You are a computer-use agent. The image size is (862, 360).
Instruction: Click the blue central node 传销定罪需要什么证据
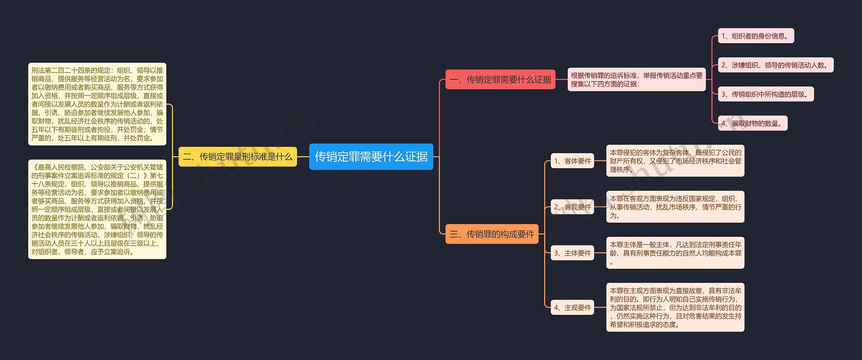(371, 157)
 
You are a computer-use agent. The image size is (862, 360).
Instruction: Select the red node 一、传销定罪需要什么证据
(500, 79)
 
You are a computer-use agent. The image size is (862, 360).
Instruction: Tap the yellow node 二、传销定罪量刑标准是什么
(237, 157)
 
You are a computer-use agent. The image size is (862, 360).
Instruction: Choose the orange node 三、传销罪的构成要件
(492, 234)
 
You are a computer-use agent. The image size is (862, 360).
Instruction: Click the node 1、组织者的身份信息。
(756, 36)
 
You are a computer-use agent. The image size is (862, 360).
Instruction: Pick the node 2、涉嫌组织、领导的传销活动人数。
(775, 65)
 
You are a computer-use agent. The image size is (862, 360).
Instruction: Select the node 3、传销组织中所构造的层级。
(765, 94)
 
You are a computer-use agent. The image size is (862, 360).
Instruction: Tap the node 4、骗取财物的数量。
(752, 123)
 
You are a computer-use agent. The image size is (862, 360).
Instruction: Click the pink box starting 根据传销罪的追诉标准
(636, 79)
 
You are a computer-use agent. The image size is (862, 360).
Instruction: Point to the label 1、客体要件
(572, 161)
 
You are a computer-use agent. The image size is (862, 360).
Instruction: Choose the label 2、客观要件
(572, 207)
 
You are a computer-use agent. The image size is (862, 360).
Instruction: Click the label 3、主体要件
(572, 253)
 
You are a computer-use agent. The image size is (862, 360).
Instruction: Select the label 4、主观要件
(572, 307)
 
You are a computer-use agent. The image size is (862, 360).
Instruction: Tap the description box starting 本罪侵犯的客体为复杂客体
(675, 161)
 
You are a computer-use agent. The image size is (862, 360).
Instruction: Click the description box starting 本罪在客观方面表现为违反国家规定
(675, 207)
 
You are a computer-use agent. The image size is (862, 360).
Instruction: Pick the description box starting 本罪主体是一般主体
(675, 253)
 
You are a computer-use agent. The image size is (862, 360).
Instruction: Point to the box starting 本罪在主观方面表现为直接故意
(675, 307)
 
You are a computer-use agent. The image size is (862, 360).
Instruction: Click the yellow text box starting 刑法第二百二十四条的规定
(97, 104)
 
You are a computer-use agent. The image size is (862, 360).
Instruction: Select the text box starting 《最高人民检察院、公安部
(97, 209)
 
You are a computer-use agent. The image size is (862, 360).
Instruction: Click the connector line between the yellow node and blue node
(303, 157)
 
